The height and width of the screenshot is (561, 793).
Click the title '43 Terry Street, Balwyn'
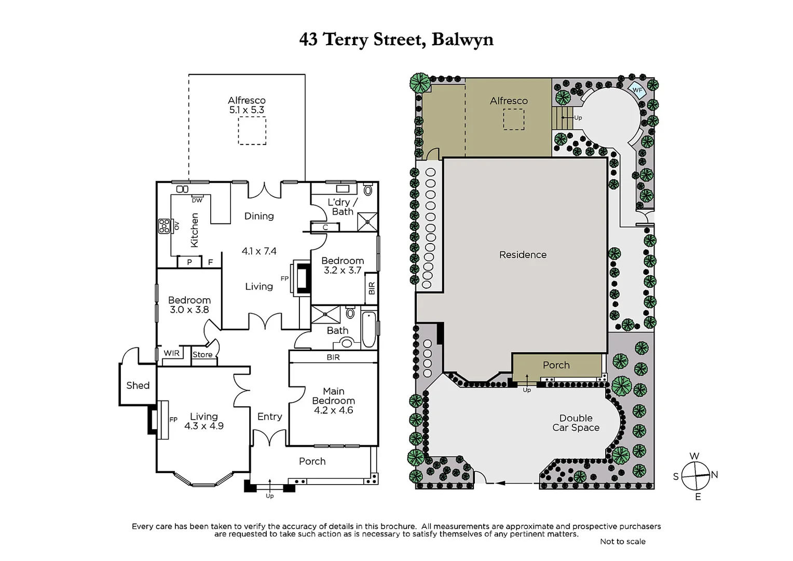(x=396, y=40)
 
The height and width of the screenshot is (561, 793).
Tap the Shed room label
(x=138, y=385)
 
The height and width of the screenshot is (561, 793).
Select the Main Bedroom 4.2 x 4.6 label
(x=333, y=400)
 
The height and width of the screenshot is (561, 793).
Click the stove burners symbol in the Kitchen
(x=165, y=226)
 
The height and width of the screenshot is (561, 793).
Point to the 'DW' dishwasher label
(x=197, y=201)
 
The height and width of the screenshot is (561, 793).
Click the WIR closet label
(x=171, y=353)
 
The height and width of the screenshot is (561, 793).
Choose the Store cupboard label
(x=202, y=355)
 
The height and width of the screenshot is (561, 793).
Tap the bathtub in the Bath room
(x=368, y=329)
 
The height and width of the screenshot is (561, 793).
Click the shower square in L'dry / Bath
(x=367, y=221)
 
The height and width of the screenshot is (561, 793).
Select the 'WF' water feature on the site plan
(x=637, y=90)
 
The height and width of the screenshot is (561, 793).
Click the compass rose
(x=695, y=476)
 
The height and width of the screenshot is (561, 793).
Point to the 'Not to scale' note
(x=622, y=541)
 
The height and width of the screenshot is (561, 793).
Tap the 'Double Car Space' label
(x=576, y=423)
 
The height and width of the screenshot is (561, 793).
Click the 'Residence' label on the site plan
(x=523, y=255)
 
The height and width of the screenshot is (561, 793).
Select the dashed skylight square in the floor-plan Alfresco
(x=252, y=130)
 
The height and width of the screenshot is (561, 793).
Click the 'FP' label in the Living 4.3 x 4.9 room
(x=173, y=420)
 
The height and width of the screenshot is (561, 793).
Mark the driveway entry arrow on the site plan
(x=501, y=483)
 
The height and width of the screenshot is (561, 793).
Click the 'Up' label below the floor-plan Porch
(x=269, y=496)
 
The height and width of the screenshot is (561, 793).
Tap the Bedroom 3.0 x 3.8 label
(x=189, y=305)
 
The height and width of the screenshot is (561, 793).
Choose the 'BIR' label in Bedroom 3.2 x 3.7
(x=372, y=288)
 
